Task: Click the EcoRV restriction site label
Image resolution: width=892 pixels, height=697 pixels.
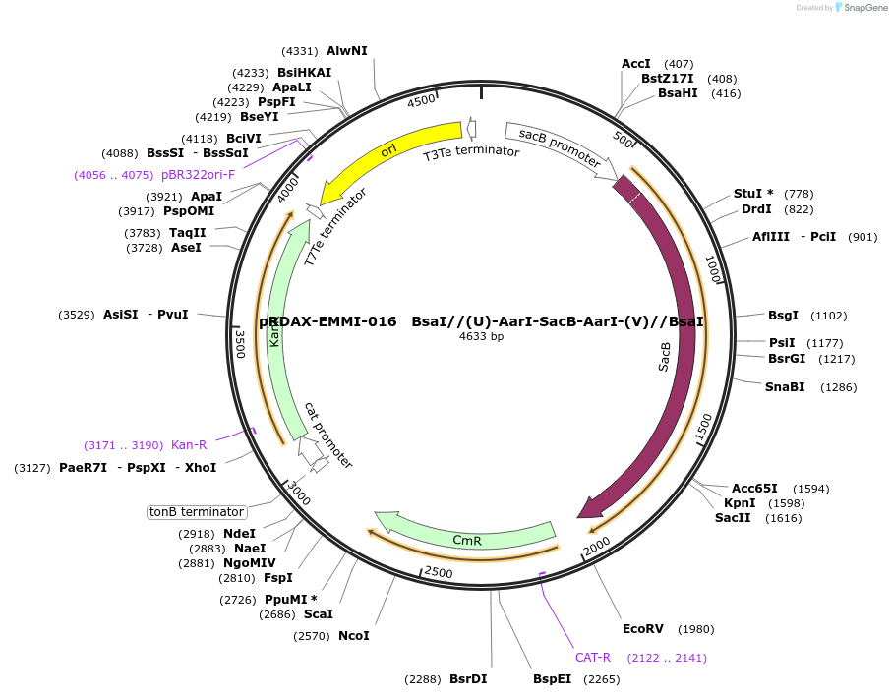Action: tap(643, 629)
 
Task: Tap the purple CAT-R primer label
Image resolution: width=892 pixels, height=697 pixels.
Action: tap(593, 658)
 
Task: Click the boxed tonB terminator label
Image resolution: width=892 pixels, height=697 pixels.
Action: tap(196, 512)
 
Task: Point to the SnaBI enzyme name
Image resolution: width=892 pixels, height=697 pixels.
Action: tap(785, 386)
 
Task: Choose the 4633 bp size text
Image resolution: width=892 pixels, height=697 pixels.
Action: tap(481, 336)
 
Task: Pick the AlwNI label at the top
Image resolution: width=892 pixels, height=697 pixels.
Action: tap(347, 51)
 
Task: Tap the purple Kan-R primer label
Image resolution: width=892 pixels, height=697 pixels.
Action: tap(189, 445)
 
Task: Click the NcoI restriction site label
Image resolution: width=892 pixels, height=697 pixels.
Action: tap(354, 636)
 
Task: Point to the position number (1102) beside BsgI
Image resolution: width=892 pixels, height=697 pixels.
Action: tap(828, 316)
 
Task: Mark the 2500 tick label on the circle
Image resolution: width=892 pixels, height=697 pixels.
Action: tap(439, 571)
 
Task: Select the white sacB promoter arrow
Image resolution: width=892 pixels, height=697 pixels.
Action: tap(557, 147)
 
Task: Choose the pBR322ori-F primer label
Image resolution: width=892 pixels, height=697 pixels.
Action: tap(198, 175)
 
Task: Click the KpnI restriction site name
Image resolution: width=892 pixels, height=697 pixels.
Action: tap(740, 503)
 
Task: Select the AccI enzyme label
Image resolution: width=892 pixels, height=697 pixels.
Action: tap(636, 64)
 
